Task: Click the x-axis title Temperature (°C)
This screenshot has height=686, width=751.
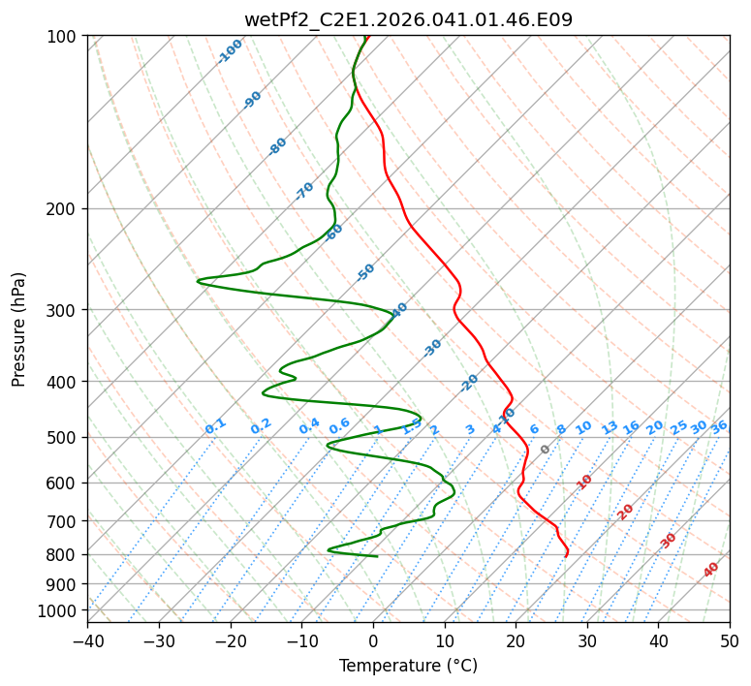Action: pyautogui.click(x=408, y=667)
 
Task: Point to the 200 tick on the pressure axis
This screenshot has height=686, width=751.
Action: pyautogui.click(x=64, y=209)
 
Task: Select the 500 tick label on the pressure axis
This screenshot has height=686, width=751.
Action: pyautogui.click(x=64, y=438)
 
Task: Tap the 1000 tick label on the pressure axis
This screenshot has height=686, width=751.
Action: pyautogui.click(x=60, y=611)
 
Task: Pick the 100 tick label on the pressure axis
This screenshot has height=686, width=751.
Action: pyautogui.click(x=64, y=37)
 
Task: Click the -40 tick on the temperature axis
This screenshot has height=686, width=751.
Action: pyautogui.click(x=87, y=641)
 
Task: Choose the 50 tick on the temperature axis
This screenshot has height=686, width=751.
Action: pyautogui.click(x=730, y=641)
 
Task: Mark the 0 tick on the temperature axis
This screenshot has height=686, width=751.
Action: pyautogui.click(x=373, y=641)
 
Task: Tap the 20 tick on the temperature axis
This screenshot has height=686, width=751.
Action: pyautogui.click(x=516, y=641)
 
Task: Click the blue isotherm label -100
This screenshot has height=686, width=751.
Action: pyautogui.click(x=230, y=51)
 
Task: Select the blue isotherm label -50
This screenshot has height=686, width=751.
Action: pyautogui.click(x=365, y=272)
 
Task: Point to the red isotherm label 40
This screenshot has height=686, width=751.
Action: pyautogui.click(x=711, y=570)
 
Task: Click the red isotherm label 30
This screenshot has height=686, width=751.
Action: pyautogui.click(x=669, y=541)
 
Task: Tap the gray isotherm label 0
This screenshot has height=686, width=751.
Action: pyautogui.click(x=546, y=450)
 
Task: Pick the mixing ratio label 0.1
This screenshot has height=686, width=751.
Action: pyautogui.click(x=215, y=426)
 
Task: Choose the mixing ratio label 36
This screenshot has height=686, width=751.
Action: pyautogui.click(x=719, y=426)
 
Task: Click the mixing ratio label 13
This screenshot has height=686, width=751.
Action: pyautogui.click(x=610, y=427)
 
